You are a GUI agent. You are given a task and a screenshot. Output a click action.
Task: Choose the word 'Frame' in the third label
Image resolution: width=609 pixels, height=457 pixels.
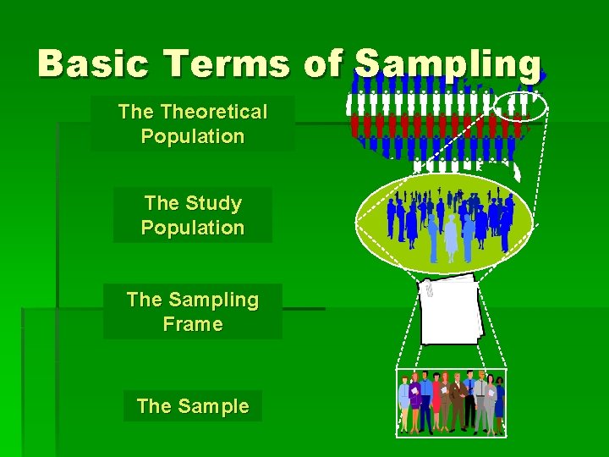coord(193,324)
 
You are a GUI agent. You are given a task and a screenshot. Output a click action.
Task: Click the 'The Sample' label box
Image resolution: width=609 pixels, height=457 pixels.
coord(193,406)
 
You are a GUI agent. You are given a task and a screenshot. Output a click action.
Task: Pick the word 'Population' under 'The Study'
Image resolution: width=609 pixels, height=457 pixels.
coord(193,228)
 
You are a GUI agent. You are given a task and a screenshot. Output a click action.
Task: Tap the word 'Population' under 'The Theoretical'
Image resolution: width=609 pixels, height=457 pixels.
coord(193,136)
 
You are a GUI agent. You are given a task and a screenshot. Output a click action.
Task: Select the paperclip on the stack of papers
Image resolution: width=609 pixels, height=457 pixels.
coord(429,289)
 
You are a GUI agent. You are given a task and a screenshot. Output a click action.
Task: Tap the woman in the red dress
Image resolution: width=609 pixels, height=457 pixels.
coord(437,402)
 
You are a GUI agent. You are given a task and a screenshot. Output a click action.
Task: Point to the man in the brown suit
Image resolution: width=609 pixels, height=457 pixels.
coord(457,402)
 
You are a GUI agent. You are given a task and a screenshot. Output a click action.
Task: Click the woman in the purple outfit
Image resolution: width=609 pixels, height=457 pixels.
coord(405,405)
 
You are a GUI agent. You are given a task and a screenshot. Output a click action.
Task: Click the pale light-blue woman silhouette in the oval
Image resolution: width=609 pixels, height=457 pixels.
coord(451,237)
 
